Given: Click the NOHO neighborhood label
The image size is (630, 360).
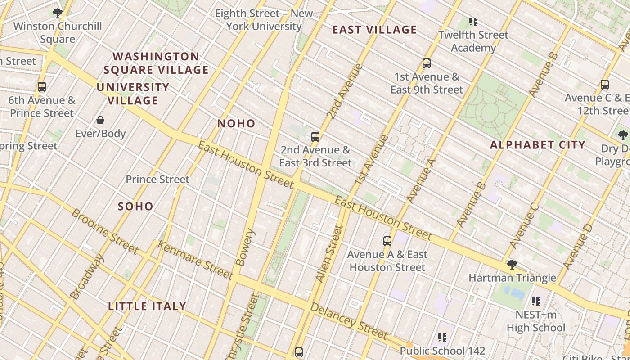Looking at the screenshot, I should (236, 124).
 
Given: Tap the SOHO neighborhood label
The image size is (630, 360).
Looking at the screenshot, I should (135, 207).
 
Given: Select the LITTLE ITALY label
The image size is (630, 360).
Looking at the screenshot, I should (147, 306).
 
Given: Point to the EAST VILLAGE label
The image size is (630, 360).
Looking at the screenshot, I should (374, 30).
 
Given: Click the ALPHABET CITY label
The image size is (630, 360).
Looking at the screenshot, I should (537, 145).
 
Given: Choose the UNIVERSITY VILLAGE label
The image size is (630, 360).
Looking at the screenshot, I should (133, 94).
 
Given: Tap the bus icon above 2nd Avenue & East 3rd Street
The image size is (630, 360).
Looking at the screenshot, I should (315, 136).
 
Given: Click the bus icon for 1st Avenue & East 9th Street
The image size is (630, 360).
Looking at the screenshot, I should (427, 63).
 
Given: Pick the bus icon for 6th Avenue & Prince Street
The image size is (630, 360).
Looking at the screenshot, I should (42, 86).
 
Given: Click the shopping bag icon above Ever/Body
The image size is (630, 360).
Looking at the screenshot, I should (100, 120).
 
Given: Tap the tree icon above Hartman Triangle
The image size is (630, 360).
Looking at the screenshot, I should (512, 264).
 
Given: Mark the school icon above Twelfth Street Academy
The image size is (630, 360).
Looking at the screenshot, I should (473, 21).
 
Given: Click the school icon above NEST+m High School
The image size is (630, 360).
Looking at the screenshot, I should (535, 301).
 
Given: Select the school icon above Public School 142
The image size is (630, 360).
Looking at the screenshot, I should (442, 337).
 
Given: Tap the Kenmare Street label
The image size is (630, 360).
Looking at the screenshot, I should (195, 261).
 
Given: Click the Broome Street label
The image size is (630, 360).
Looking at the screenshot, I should (105, 231).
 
